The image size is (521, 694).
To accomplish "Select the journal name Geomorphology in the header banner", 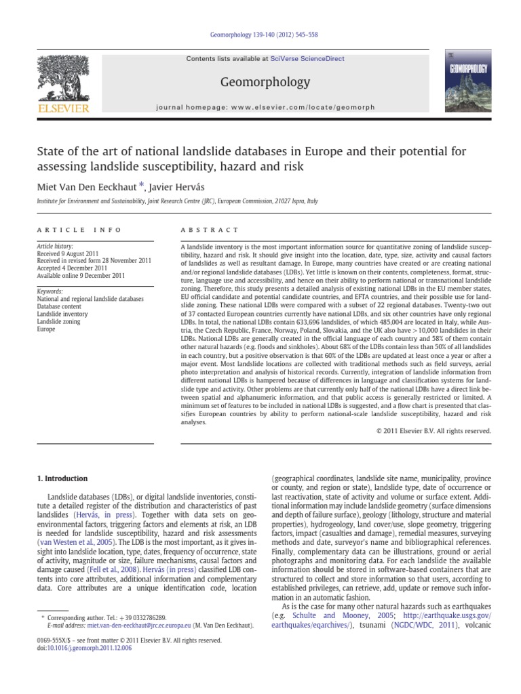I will coord(260,82).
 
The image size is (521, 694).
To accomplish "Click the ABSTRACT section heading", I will coord(210,230).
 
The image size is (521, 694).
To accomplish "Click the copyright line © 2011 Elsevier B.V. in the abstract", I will coord(433,430).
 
